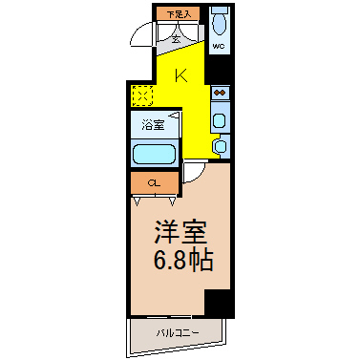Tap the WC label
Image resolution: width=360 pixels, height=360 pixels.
click(x=218, y=46)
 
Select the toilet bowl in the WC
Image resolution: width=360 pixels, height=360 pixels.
click(x=219, y=24)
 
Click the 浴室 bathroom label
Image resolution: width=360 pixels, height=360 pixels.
click(x=153, y=124)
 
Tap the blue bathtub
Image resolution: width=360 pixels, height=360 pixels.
click(x=153, y=154)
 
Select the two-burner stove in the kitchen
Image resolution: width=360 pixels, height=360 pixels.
click(x=220, y=94)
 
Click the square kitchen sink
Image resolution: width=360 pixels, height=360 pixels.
click(x=220, y=121)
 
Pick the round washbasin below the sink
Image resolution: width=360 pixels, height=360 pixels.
click(x=220, y=145)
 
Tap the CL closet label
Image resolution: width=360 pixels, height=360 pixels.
click(x=153, y=182)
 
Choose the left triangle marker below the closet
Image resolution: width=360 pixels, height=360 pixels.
click(x=140, y=200)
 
